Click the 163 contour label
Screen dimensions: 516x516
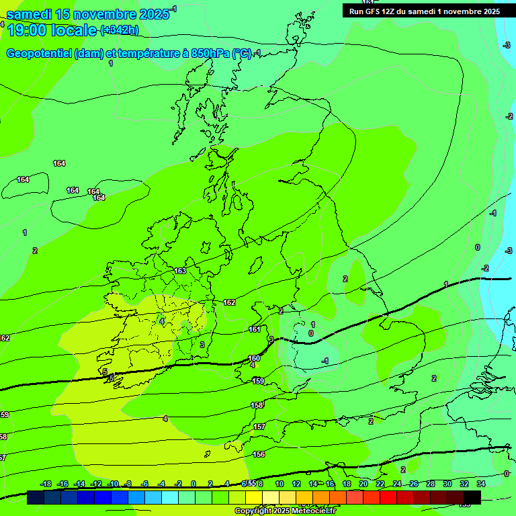tap(180, 271)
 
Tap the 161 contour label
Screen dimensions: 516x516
tap(255, 329)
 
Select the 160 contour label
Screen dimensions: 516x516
tap(254, 358)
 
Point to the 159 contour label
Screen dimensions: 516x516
tap(258, 381)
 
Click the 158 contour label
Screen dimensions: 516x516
tap(257, 405)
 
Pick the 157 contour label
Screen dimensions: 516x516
tap(259, 427)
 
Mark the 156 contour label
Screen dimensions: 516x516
tap(259, 454)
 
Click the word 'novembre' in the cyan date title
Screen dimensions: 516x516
tap(104, 14)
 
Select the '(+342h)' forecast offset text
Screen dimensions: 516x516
tap(120, 30)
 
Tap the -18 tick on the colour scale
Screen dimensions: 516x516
tap(46, 484)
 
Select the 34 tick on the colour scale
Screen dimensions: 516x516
tap(481, 484)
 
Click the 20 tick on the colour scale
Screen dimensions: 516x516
tap(363, 484)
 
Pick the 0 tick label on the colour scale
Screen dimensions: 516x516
tap(193, 484)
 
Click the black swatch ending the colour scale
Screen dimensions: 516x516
tap(472, 497)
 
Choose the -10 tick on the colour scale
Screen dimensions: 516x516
tap(113, 484)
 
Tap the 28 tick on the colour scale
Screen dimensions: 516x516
tap(431, 484)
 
